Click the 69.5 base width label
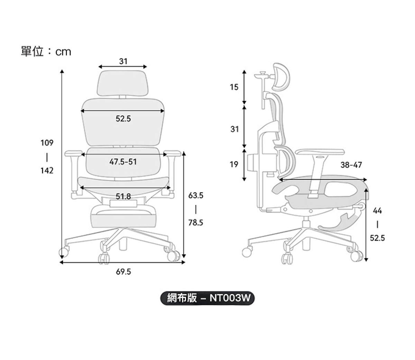tap(123, 272)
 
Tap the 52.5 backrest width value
tap(123, 119)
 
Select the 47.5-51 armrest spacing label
tap(123, 162)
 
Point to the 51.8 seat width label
tap(123, 196)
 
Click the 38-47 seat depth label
tap(351, 165)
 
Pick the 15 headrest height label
tap(234, 87)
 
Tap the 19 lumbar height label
tap(234, 164)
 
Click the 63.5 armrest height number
tap(196, 195)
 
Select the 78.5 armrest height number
tap(196, 223)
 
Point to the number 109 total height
tap(47, 143)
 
